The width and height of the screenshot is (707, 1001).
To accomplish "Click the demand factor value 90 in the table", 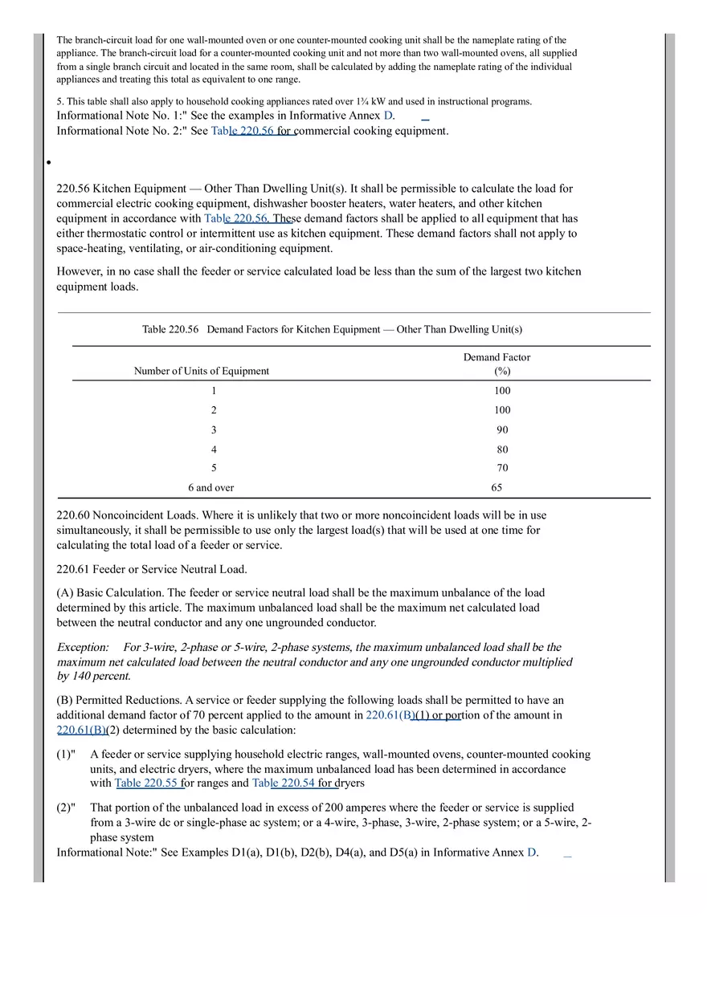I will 502,429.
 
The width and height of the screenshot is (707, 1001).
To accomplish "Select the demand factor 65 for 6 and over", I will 497,487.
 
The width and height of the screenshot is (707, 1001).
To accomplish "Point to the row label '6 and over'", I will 211,487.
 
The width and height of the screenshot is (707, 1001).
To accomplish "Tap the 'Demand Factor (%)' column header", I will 497,364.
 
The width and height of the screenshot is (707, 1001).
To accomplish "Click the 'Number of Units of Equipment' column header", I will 202,371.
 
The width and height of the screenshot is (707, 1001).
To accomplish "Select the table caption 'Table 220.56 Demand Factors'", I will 332,329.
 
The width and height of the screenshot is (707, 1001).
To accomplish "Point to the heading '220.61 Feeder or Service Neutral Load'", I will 151,569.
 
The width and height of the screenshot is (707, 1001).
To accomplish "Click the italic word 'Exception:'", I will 83,647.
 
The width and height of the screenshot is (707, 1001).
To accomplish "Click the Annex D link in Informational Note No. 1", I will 389,116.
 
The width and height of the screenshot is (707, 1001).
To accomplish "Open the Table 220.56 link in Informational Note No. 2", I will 242,131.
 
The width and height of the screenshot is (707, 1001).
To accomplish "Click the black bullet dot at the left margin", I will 49,162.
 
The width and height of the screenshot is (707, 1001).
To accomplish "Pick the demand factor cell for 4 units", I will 502,450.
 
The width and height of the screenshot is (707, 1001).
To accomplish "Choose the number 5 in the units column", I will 214,468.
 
